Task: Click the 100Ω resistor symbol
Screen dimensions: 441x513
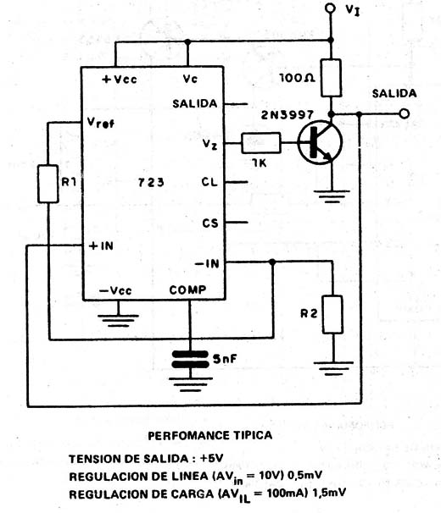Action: click(331, 78)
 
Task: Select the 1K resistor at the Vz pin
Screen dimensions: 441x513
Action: click(261, 143)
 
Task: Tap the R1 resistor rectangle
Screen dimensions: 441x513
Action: click(48, 184)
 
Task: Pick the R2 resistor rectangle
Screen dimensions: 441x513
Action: click(332, 314)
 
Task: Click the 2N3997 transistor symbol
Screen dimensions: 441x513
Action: click(321, 142)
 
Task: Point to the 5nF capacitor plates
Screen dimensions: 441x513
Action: click(190, 359)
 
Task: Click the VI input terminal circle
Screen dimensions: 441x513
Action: click(330, 8)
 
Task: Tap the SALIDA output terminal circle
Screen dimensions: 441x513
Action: click(405, 113)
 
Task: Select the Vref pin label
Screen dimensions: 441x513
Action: click(101, 123)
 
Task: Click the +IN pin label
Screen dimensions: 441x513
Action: click(101, 245)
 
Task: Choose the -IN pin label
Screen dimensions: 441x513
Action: click(207, 263)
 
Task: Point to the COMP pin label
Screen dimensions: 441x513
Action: click(187, 290)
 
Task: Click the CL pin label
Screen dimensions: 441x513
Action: click(209, 182)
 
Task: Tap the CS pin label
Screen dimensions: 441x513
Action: click(209, 223)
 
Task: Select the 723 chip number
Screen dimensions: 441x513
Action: click(151, 182)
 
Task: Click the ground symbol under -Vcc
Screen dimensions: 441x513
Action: click(119, 320)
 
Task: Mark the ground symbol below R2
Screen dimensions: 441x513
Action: click(333, 367)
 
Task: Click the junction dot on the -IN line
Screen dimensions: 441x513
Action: click(272, 262)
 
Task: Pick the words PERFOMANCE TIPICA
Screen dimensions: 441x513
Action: click(209, 435)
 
